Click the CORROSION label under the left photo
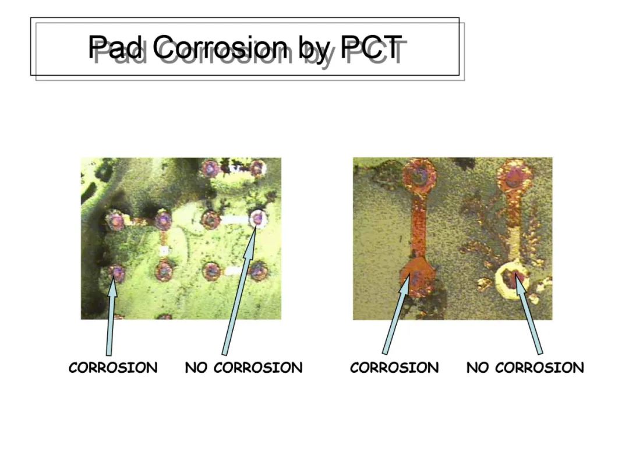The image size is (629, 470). tap(113, 367)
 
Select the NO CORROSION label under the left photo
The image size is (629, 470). tap(243, 367)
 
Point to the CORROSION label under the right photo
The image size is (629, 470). tap(394, 367)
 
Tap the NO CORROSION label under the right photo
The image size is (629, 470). tap(525, 367)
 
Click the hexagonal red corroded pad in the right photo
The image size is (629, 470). tap(417, 276)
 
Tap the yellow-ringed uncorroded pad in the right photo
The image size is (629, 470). tap(513, 277)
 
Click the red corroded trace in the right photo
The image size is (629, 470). tap(419, 227)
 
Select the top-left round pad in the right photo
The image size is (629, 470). tap(419, 175)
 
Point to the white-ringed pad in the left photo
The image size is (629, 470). tap(257, 218)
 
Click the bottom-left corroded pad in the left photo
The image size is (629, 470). tap(116, 273)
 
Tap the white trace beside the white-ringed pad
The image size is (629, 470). tap(235, 220)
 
